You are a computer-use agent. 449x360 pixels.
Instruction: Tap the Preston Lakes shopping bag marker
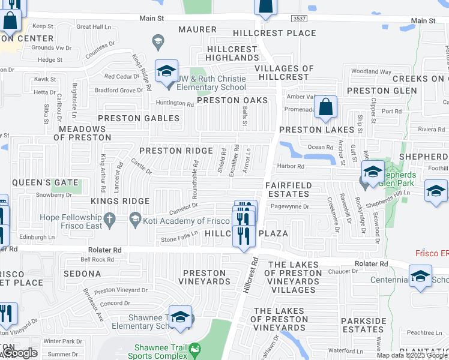click(x=325, y=108)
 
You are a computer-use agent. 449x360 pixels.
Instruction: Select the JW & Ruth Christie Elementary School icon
click(x=166, y=72)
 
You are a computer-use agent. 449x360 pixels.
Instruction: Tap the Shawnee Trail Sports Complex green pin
click(x=194, y=349)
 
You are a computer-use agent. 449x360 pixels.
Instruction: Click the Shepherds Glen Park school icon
click(x=373, y=173)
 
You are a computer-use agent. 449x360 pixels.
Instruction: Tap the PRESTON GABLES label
click(x=138, y=119)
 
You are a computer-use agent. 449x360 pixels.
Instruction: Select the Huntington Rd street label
click(x=174, y=104)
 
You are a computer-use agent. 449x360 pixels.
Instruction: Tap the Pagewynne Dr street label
click(x=289, y=207)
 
